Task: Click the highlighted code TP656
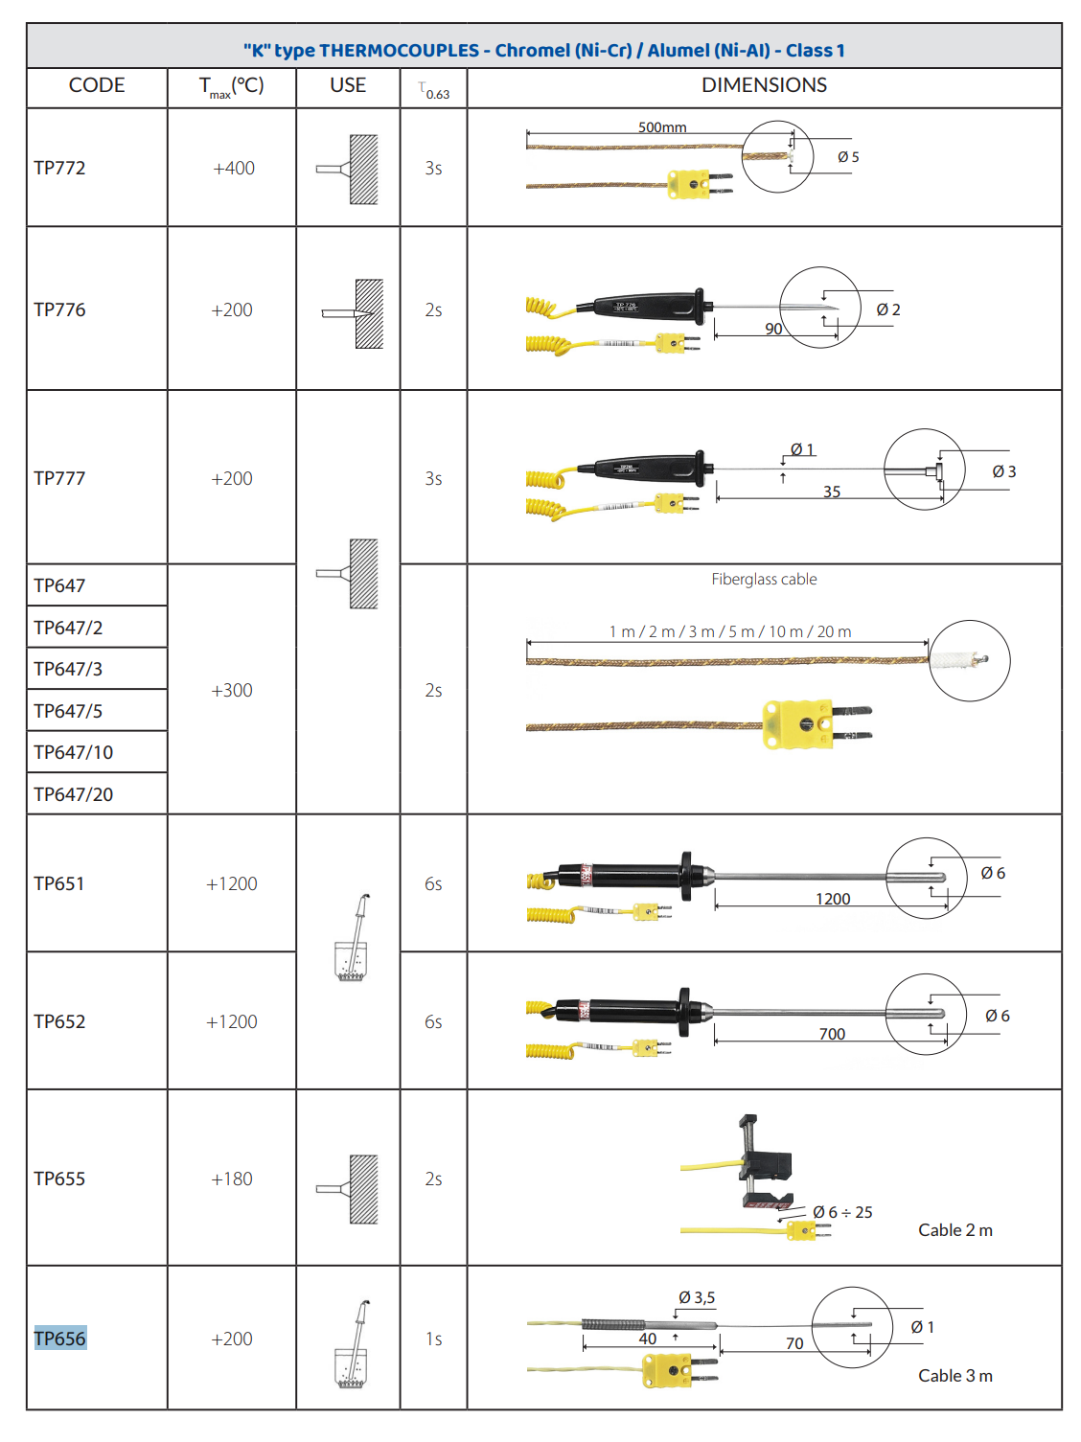pyautogui.click(x=59, y=1339)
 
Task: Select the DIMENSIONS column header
pyautogui.click(x=764, y=85)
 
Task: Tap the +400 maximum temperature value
pyautogui.click(x=233, y=169)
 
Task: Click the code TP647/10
pyautogui.click(x=73, y=752)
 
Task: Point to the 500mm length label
pyautogui.click(x=662, y=126)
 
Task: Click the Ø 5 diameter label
pyautogui.click(x=848, y=157)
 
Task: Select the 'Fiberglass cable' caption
pyautogui.click(x=764, y=579)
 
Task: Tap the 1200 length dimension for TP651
pyautogui.click(x=833, y=899)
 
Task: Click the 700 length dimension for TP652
pyautogui.click(x=832, y=1034)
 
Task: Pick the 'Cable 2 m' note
pyautogui.click(x=954, y=1230)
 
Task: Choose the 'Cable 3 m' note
pyautogui.click(x=954, y=1376)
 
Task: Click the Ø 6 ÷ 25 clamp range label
pyautogui.click(x=842, y=1212)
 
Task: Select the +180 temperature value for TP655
pyautogui.click(x=231, y=1179)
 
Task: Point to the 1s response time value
pyautogui.click(x=434, y=1339)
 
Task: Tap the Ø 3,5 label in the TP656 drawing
pyautogui.click(x=697, y=1297)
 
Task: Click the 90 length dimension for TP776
pyautogui.click(x=773, y=329)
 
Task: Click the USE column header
pyautogui.click(x=348, y=85)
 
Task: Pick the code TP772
pyautogui.click(x=59, y=169)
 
